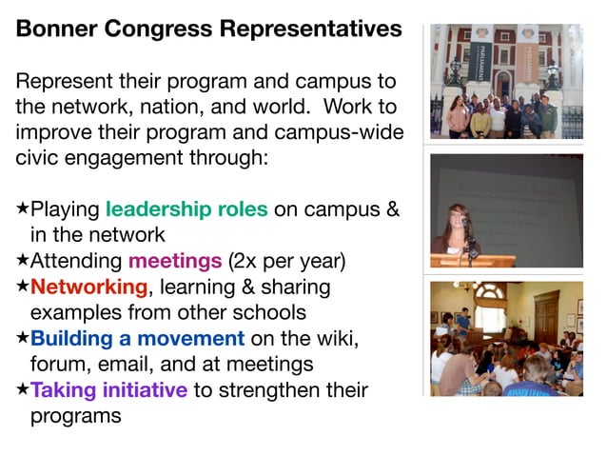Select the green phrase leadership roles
pyautogui.click(x=186, y=208)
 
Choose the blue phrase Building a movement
pyautogui.click(x=137, y=337)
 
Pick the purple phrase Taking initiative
pyautogui.click(x=109, y=389)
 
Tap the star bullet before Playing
pyautogui.click(x=22, y=208)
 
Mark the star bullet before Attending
pyautogui.click(x=22, y=260)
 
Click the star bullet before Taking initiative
pyautogui.click(x=22, y=389)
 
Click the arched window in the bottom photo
pyautogui.click(x=491, y=315)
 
